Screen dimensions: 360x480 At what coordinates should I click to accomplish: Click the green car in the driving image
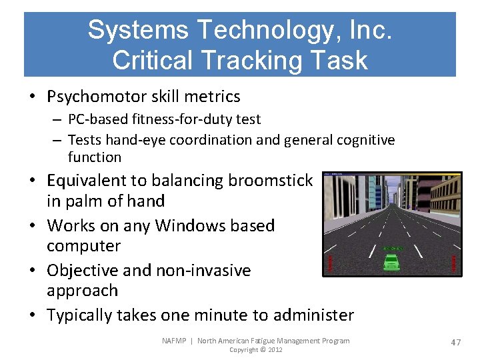(391, 262)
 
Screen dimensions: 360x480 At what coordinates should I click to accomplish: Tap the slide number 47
(456, 342)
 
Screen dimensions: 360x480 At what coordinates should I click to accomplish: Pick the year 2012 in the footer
(274, 350)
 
